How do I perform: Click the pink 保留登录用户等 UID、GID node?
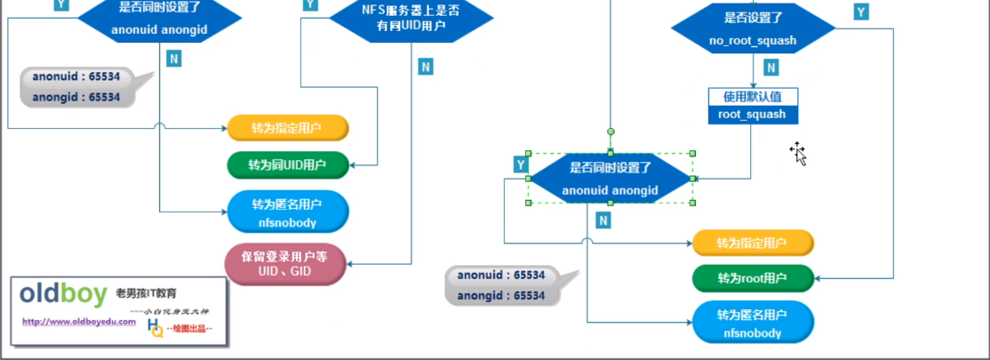286,263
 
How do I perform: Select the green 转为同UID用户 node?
287,164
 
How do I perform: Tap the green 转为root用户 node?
752,278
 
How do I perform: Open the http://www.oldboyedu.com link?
79,322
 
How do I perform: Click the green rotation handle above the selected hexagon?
611,132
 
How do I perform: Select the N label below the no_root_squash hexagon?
771,68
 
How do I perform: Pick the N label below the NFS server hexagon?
426,67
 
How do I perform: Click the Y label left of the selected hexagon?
521,164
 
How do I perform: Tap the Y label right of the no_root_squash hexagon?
860,12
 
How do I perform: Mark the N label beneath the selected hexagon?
603,220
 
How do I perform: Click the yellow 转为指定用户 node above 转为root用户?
752,243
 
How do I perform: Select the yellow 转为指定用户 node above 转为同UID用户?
287,128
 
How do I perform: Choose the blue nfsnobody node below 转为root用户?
752,324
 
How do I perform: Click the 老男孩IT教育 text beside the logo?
147,292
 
